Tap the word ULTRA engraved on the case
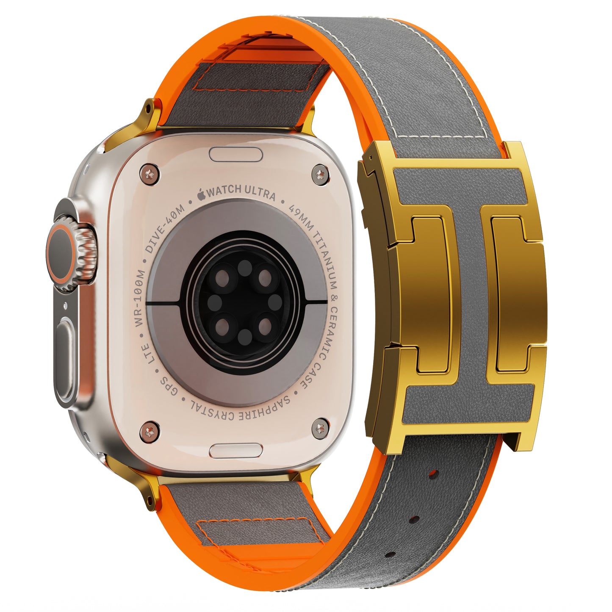pyautogui.click(x=260, y=192)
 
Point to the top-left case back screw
pyautogui.click(x=149, y=174)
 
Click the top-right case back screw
pyautogui.click(x=320, y=174)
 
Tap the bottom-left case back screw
pyautogui.click(x=150, y=431)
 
